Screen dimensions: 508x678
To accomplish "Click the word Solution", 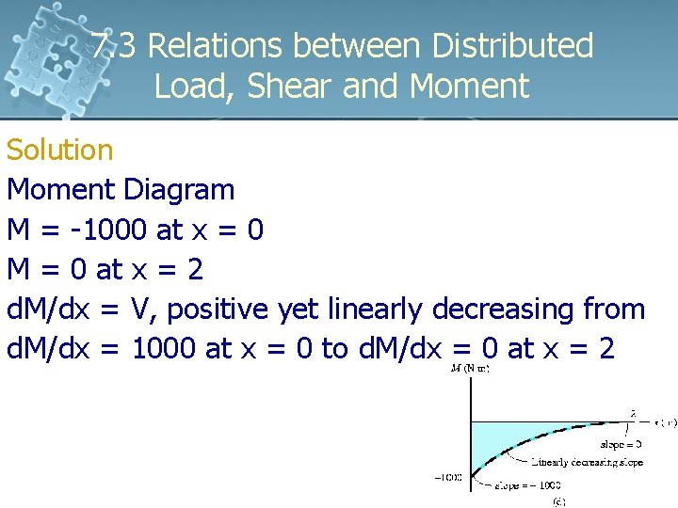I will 60,150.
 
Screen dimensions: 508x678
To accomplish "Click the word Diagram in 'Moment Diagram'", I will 179,189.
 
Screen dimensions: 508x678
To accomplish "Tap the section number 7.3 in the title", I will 116,45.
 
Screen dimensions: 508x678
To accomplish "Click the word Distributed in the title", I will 512,45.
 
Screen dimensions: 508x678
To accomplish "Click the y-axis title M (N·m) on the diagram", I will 467,368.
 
